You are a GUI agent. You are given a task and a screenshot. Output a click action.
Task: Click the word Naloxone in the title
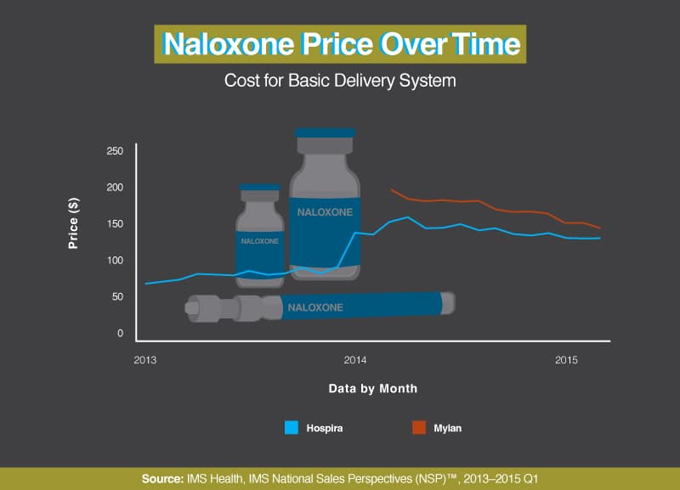tap(228, 44)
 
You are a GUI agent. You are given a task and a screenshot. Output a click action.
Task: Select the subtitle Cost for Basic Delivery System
tap(340, 81)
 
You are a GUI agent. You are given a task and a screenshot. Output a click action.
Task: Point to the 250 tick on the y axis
tap(115, 151)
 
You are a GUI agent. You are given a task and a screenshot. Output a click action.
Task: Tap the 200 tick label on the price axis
tap(115, 187)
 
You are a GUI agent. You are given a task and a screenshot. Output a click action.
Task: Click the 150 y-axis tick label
tap(115, 223)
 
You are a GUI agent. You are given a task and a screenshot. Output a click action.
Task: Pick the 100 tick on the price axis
tap(115, 260)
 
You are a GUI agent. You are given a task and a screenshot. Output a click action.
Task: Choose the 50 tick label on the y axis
tap(117, 296)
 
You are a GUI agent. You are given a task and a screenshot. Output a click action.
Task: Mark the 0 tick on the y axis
tap(120, 333)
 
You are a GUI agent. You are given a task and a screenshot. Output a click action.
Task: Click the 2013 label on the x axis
tap(144, 360)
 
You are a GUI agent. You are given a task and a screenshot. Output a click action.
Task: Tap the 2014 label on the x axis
tap(355, 360)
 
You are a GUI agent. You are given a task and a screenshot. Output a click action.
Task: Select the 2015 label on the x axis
tap(566, 360)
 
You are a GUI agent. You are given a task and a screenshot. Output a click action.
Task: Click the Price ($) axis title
tap(73, 223)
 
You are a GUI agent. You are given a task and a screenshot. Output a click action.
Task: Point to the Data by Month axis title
tap(373, 388)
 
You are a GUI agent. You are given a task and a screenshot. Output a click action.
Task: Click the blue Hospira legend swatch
tap(292, 428)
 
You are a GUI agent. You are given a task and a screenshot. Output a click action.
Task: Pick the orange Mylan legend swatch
tap(419, 428)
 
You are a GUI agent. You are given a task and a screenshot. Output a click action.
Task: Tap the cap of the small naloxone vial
tap(260, 187)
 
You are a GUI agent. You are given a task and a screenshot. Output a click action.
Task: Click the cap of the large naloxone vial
tap(326, 132)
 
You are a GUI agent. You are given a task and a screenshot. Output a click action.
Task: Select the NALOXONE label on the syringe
tap(315, 307)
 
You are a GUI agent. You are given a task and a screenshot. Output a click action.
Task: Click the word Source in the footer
tap(162, 479)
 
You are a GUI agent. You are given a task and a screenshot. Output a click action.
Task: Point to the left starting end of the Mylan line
tap(391, 189)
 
